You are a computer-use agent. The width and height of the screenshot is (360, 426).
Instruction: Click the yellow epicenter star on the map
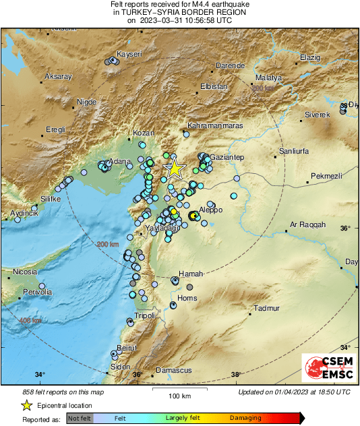[x=175, y=169]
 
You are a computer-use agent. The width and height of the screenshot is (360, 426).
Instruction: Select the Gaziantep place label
[x=227, y=157]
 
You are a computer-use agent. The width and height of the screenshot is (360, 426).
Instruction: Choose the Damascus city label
[x=174, y=370]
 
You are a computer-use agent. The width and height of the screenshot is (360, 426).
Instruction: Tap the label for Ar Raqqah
[x=307, y=224]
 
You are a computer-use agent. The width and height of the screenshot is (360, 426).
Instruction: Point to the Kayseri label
[x=129, y=53]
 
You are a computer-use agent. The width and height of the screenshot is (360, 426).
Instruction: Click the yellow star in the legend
[x=26, y=405]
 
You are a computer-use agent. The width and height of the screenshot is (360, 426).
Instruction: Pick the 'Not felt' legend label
[x=80, y=418]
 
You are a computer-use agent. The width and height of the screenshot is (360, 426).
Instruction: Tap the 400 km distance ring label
[x=31, y=320]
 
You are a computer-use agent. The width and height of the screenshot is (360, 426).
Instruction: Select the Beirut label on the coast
[x=127, y=347]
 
